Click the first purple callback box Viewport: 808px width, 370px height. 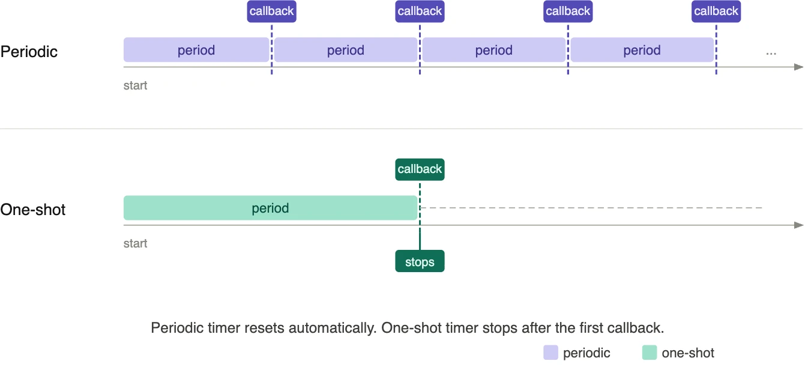point(271,11)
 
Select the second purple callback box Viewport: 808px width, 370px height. point(420,11)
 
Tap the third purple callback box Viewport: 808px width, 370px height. point(568,11)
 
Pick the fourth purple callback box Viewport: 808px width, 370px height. point(716,11)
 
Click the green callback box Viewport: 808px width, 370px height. point(420,169)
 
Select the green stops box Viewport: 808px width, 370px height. point(420,261)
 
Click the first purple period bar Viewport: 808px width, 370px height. point(196,50)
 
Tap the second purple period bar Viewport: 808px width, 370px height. point(346,50)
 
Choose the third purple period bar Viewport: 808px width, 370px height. point(494,50)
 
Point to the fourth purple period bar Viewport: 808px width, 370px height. point(642,50)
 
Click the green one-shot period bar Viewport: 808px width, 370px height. point(270,208)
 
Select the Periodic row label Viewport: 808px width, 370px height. point(29,52)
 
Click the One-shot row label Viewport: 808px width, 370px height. point(33,210)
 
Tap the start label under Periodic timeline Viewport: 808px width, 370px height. point(135,85)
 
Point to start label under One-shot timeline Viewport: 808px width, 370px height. point(135,243)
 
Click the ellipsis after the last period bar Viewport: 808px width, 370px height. point(771,53)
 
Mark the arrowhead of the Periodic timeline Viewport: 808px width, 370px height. point(799,67)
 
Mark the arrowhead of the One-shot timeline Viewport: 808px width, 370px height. point(799,225)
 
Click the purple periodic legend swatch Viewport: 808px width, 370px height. point(550,353)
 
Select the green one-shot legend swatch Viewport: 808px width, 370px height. point(650,353)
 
